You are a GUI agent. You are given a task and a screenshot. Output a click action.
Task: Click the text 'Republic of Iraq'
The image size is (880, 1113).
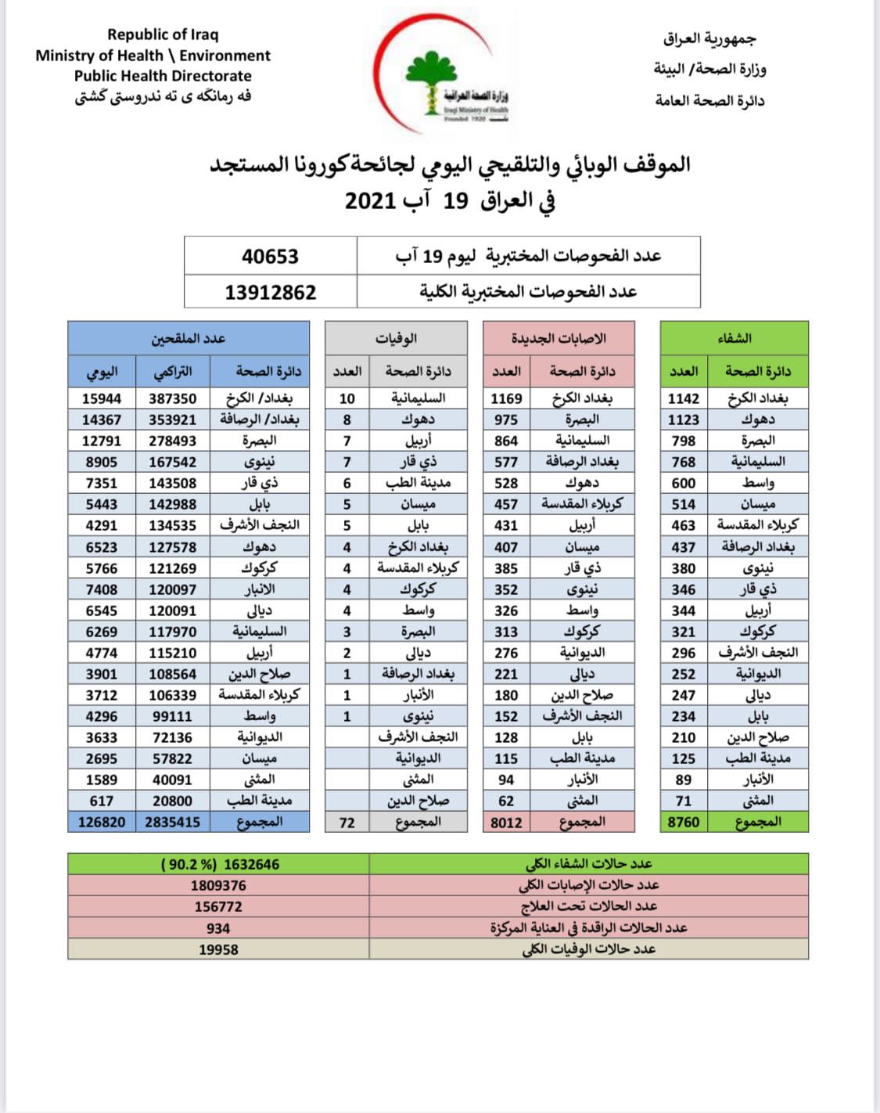[x=163, y=34]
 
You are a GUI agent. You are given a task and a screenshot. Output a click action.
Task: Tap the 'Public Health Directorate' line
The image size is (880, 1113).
[x=163, y=76]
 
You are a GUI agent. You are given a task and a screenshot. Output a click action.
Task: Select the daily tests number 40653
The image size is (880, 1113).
[x=270, y=256]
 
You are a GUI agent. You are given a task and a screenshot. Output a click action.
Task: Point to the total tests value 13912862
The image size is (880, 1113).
[x=270, y=292]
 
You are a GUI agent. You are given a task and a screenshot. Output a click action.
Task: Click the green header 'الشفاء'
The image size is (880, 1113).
[x=734, y=338]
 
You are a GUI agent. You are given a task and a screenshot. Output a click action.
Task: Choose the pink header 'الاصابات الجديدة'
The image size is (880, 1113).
[x=559, y=338]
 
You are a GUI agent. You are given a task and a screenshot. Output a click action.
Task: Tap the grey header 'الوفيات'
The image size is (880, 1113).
[x=396, y=338]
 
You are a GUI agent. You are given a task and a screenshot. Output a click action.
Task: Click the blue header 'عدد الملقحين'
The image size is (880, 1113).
[x=188, y=338]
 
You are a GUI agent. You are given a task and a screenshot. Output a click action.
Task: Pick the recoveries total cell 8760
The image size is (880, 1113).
[x=684, y=822]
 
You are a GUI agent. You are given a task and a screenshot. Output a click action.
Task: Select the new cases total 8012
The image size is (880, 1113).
[x=506, y=822]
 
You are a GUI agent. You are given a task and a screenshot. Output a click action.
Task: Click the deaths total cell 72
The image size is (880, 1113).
[x=347, y=822]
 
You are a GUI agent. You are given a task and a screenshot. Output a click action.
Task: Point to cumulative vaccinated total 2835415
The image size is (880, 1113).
[x=172, y=822]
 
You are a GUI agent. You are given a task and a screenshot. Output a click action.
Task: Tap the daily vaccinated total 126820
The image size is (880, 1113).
[x=102, y=822]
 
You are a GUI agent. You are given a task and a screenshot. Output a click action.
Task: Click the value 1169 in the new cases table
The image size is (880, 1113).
[x=506, y=398]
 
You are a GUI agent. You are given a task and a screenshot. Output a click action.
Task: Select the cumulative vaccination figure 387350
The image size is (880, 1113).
[x=172, y=398]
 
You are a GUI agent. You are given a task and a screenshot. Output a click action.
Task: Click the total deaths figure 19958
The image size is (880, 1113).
[x=218, y=949]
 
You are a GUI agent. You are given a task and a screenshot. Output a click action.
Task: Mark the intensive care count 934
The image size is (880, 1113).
[x=218, y=928]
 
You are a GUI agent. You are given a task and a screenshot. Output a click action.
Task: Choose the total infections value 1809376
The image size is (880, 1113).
[x=218, y=885]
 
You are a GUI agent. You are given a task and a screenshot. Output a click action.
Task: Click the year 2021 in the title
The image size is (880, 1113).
[x=370, y=200]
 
